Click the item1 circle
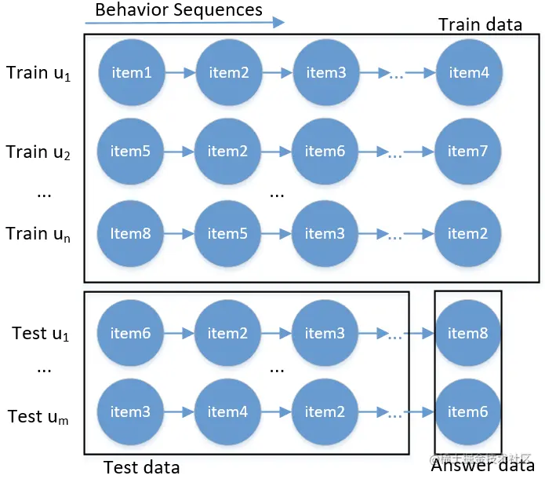[x=131, y=73]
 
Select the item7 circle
[x=467, y=152]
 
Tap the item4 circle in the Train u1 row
[x=469, y=73]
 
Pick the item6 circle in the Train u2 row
[x=325, y=152]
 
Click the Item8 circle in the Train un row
[x=130, y=234]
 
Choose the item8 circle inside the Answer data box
[x=467, y=334]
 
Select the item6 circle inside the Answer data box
[x=467, y=411]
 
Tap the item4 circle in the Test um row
[x=227, y=411]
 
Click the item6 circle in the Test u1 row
[x=130, y=334]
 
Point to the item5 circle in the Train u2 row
[x=130, y=152]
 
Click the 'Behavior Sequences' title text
[x=179, y=10]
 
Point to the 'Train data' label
[x=480, y=24]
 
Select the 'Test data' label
[x=141, y=467]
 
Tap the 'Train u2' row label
[x=38, y=152]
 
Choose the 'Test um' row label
[x=38, y=417]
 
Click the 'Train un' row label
[x=38, y=234]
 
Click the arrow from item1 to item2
[x=180, y=73]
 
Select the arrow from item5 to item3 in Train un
[x=276, y=234]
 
